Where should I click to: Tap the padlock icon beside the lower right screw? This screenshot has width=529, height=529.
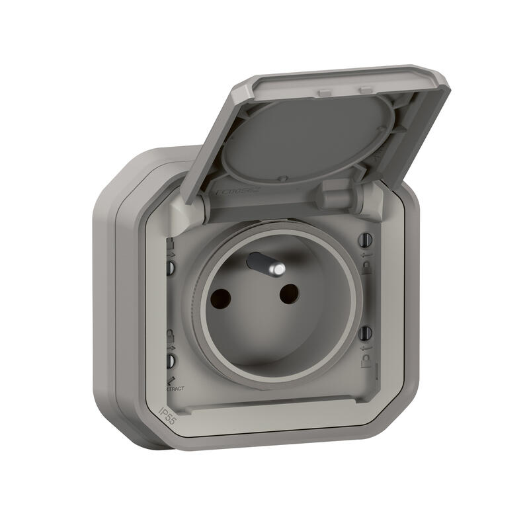point(366,361)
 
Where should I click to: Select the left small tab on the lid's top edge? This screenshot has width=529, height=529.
point(322,87)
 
